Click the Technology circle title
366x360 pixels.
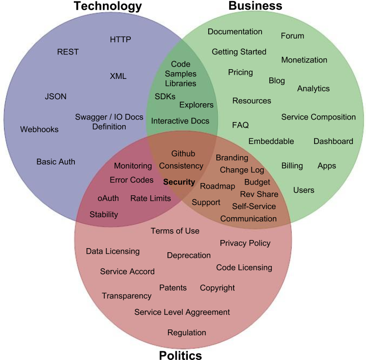108,6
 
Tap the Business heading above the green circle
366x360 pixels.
256,6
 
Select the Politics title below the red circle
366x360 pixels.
180,355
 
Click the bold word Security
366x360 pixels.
179,182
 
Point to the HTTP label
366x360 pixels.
121,39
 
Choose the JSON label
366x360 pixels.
55,96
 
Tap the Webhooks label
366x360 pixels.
39,129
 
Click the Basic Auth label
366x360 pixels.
56,162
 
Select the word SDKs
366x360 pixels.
165,96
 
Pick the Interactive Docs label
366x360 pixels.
180,121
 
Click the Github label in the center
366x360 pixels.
183,154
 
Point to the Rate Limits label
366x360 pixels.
151,198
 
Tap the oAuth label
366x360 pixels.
108,198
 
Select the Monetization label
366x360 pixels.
304,59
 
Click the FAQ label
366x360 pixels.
240,125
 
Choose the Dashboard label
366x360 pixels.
333,141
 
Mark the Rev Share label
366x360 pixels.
259,194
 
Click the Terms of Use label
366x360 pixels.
175,231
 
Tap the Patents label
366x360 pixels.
173,287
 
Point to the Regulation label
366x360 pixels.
187,333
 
